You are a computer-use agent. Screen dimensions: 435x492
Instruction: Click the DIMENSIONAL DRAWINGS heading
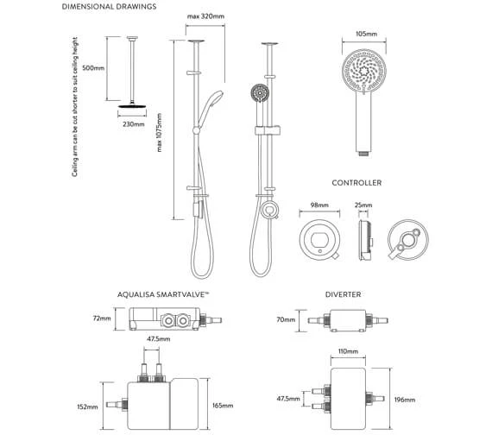coord(108,8)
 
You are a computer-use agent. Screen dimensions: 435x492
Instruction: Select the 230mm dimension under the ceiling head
coord(134,123)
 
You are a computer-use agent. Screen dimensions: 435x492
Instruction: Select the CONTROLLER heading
coord(356,184)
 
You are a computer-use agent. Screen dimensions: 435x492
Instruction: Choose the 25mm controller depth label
coord(363,206)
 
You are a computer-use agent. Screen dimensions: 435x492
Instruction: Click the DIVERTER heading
coord(343,295)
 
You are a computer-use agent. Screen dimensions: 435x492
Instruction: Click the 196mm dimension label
coord(404,400)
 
